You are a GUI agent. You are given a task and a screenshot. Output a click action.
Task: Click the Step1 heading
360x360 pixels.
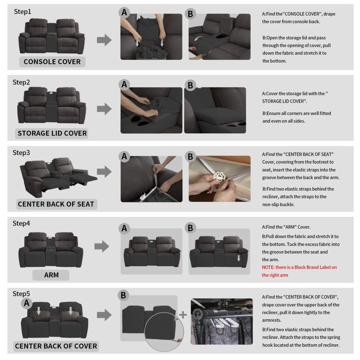(x=22, y=12)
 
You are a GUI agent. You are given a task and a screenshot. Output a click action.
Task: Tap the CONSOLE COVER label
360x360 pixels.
(x=52, y=62)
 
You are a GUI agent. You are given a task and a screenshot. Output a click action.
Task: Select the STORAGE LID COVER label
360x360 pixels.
(x=52, y=133)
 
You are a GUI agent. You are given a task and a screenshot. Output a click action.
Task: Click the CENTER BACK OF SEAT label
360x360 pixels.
(x=56, y=204)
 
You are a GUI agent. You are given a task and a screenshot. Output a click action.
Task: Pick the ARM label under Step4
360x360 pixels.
(x=51, y=275)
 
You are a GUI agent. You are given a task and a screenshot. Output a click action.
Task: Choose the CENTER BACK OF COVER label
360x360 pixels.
(x=56, y=346)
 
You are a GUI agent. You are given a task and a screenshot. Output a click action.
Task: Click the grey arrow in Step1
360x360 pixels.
(x=104, y=40)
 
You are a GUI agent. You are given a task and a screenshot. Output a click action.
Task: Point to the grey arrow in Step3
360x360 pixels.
(x=104, y=172)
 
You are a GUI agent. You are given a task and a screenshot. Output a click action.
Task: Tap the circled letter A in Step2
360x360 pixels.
(x=124, y=84)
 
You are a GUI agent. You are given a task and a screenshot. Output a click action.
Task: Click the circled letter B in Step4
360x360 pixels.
(x=190, y=228)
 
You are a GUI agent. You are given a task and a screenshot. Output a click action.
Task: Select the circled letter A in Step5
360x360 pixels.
(x=27, y=303)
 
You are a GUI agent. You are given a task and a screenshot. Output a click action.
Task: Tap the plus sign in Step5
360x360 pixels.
(x=183, y=315)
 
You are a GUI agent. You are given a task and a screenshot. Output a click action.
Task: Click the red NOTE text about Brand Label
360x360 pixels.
(x=299, y=271)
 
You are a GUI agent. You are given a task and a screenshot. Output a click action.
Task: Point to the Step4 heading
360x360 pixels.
(x=21, y=223)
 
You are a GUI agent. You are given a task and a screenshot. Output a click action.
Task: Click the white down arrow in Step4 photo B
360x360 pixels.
(x=239, y=258)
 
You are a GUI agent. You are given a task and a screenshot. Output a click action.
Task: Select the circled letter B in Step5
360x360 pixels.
(x=123, y=295)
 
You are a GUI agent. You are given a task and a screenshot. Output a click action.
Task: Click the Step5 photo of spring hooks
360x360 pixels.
(x=222, y=321)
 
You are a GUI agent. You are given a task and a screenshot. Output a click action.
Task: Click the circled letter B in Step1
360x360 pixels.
(x=190, y=14)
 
